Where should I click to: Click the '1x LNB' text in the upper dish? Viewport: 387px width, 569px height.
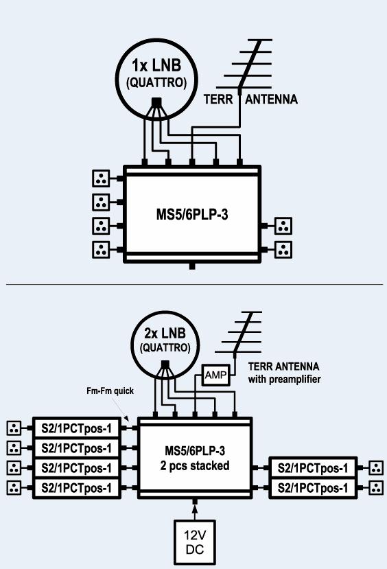click(156, 66)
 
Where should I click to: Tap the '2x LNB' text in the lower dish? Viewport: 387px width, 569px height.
click(165, 333)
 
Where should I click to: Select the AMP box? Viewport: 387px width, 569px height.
click(216, 375)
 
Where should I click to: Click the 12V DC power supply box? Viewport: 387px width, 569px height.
click(195, 542)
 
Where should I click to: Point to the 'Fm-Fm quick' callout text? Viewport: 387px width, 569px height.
click(110, 391)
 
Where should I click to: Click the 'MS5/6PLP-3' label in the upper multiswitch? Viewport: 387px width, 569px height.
click(192, 214)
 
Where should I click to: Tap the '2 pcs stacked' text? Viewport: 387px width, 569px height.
click(195, 465)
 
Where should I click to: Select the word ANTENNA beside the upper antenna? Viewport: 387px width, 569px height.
click(271, 99)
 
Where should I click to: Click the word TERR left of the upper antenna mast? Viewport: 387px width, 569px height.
click(218, 99)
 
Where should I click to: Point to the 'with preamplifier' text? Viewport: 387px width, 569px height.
click(284, 380)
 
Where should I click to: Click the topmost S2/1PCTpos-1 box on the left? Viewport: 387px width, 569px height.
click(77, 428)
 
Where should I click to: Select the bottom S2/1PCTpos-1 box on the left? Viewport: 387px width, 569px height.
click(77, 488)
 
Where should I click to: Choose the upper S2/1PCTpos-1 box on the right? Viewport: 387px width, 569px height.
click(313, 468)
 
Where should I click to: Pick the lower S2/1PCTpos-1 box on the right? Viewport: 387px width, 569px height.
click(313, 488)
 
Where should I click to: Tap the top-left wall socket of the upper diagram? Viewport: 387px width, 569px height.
click(101, 178)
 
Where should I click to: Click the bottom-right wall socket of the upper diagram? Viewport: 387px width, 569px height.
click(283, 250)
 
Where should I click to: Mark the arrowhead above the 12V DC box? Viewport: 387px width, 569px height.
click(195, 509)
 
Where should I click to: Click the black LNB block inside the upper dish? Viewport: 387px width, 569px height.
click(156, 102)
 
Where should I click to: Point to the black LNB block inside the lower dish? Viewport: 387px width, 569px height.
click(165, 364)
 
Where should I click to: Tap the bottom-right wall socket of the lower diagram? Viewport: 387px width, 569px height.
click(376, 488)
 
